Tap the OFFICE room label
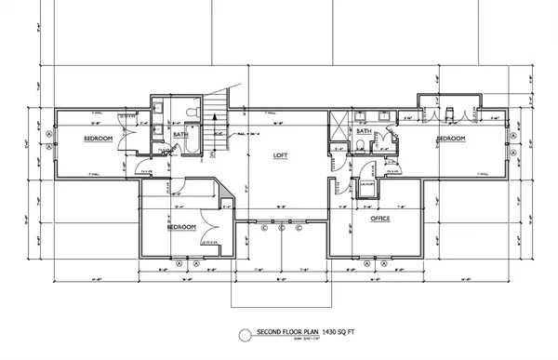tap(379, 219)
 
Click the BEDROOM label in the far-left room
tap(98, 138)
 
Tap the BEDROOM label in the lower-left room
tap(181, 226)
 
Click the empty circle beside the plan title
tap(244, 332)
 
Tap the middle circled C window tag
tap(281, 226)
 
